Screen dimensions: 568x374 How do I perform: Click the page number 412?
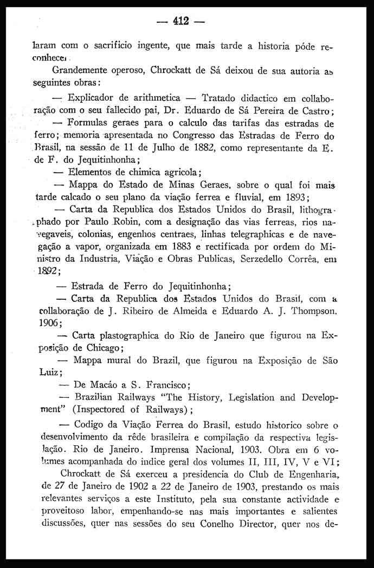(x=180, y=22)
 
